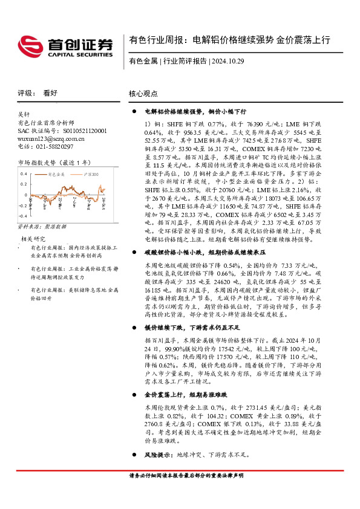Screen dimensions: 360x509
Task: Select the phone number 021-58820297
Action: tap(45, 146)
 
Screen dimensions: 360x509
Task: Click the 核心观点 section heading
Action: tap(143, 94)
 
